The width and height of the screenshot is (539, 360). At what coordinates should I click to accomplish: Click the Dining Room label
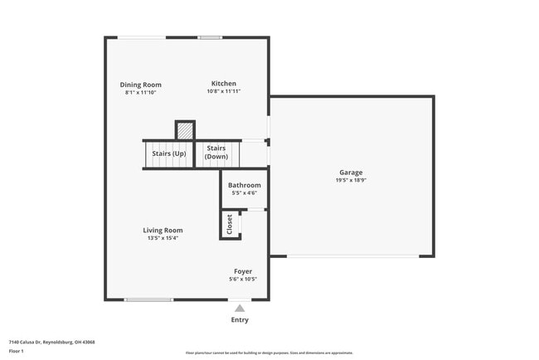click(140, 85)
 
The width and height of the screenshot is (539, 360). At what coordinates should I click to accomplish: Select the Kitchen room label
click(224, 84)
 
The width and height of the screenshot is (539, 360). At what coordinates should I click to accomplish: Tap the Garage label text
click(350, 172)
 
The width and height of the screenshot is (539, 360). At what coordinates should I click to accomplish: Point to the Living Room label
click(163, 230)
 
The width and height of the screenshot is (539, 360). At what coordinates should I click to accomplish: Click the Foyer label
click(243, 271)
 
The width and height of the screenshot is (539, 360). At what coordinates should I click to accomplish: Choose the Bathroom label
click(245, 185)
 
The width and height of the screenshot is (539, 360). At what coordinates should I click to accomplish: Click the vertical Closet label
click(230, 224)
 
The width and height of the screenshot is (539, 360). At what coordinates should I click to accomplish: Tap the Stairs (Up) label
click(168, 153)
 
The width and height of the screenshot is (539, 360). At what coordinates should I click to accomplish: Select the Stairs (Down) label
click(217, 152)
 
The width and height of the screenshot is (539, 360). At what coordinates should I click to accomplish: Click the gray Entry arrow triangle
click(240, 308)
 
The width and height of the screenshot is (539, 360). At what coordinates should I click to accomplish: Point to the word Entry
click(240, 319)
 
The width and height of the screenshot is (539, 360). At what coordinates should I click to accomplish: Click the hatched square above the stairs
click(185, 131)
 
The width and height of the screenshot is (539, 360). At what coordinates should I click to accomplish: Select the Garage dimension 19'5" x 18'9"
click(350, 180)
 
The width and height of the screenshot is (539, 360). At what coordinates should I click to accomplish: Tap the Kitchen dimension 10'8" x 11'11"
click(224, 92)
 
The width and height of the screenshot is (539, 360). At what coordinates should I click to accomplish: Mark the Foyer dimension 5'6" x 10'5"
click(243, 280)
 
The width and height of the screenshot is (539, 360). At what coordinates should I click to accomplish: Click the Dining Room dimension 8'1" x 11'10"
click(140, 93)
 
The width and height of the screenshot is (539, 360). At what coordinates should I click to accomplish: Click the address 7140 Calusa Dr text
click(51, 342)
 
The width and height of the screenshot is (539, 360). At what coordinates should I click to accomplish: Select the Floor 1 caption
click(17, 351)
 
